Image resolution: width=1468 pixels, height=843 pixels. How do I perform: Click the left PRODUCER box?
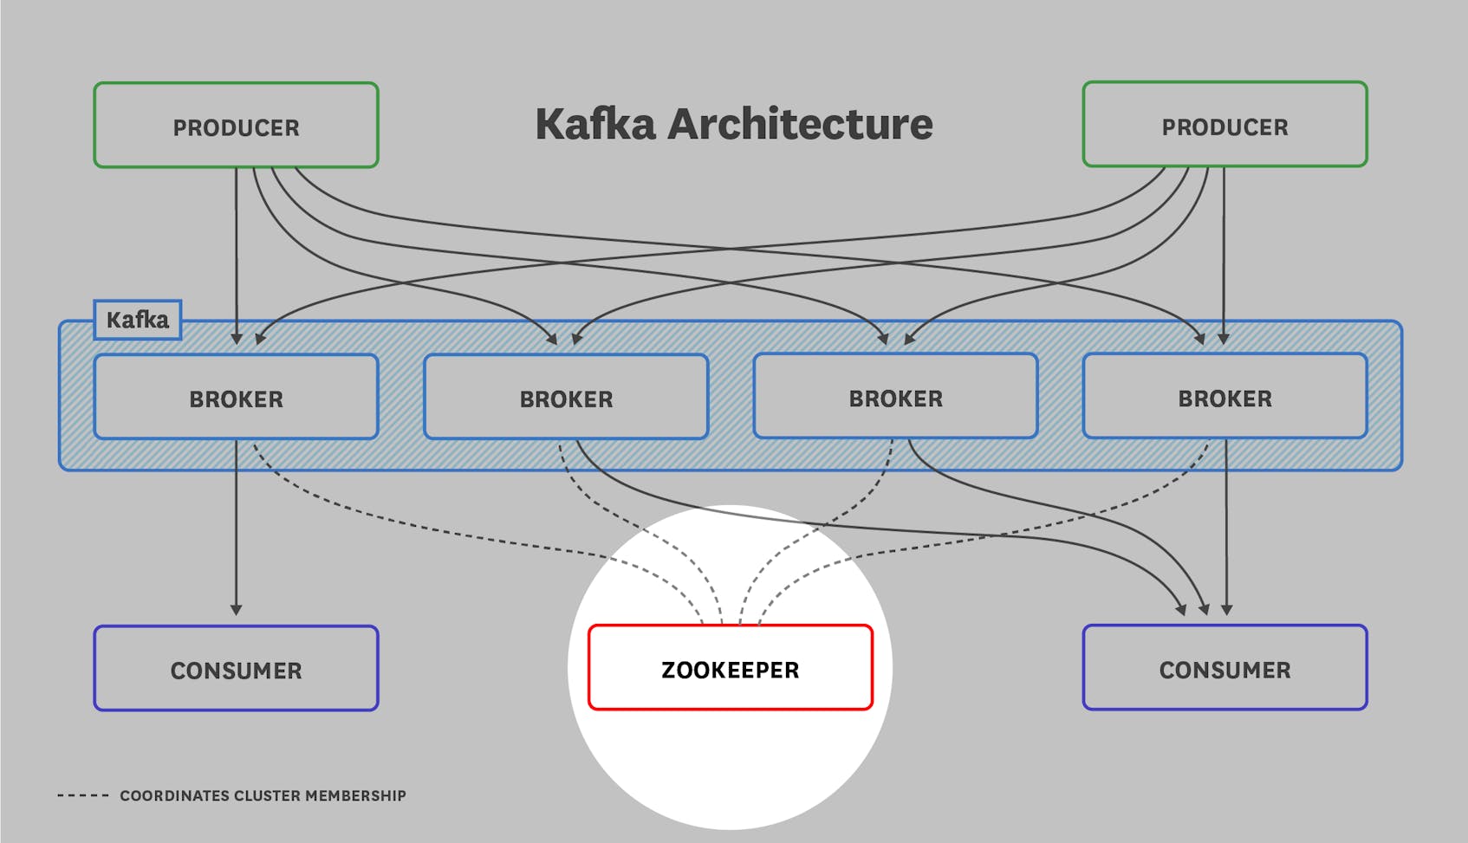tap(236, 126)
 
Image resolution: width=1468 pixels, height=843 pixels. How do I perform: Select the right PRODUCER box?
tap(1224, 125)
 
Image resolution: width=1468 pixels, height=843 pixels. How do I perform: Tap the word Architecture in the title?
tap(800, 124)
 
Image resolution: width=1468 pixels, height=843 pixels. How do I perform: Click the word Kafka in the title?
tap(595, 124)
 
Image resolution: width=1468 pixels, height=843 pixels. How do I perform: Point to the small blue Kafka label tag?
tap(137, 320)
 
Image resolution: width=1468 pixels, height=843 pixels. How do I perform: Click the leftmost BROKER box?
tap(236, 398)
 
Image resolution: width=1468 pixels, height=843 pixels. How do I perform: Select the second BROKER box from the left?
tap(566, 398)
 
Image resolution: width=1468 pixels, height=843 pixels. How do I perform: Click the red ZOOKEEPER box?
tap(730, 668)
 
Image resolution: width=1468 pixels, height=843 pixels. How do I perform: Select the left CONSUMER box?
tap(236, 669)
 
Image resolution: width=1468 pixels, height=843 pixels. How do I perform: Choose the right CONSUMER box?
tap(1224, 668)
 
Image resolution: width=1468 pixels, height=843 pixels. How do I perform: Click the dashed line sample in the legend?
tap(83, 795)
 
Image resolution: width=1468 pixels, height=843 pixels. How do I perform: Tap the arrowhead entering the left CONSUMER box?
tap(236, 609)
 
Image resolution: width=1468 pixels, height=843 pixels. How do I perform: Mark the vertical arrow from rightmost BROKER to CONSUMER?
tap(1226, 528)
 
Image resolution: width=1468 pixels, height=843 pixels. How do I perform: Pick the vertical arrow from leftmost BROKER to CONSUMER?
tap(236, 528)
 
